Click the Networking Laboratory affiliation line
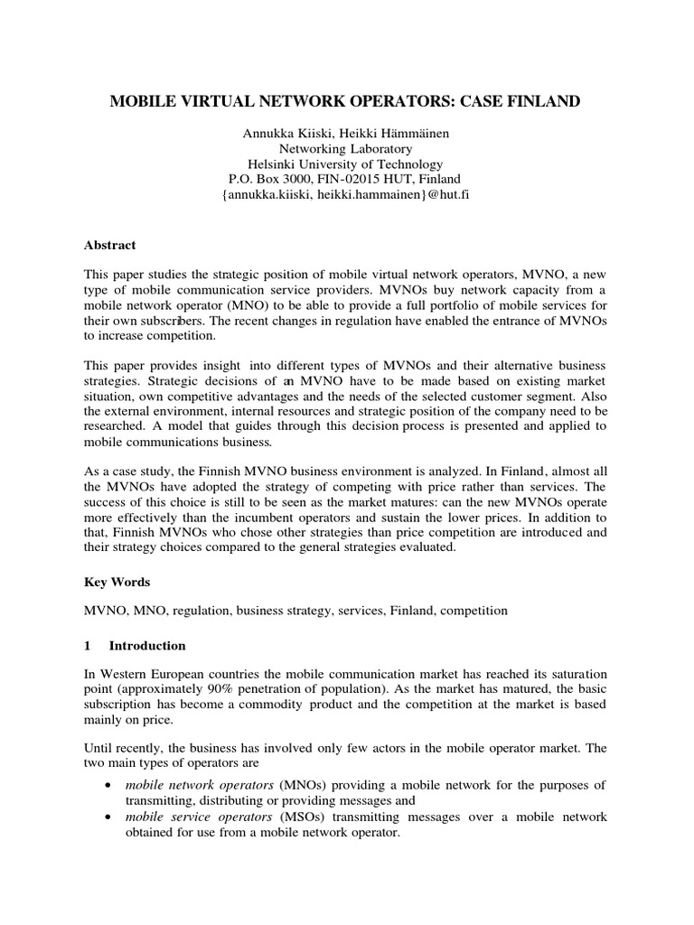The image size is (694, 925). (346, 148)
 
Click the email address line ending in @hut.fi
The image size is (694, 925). (346, 195)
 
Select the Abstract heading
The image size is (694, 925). (109, 245)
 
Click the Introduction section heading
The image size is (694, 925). (147, 646)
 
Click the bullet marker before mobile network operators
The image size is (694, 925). (109, 785)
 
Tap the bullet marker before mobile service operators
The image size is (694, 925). (109, 817)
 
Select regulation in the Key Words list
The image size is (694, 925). (202, 611)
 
